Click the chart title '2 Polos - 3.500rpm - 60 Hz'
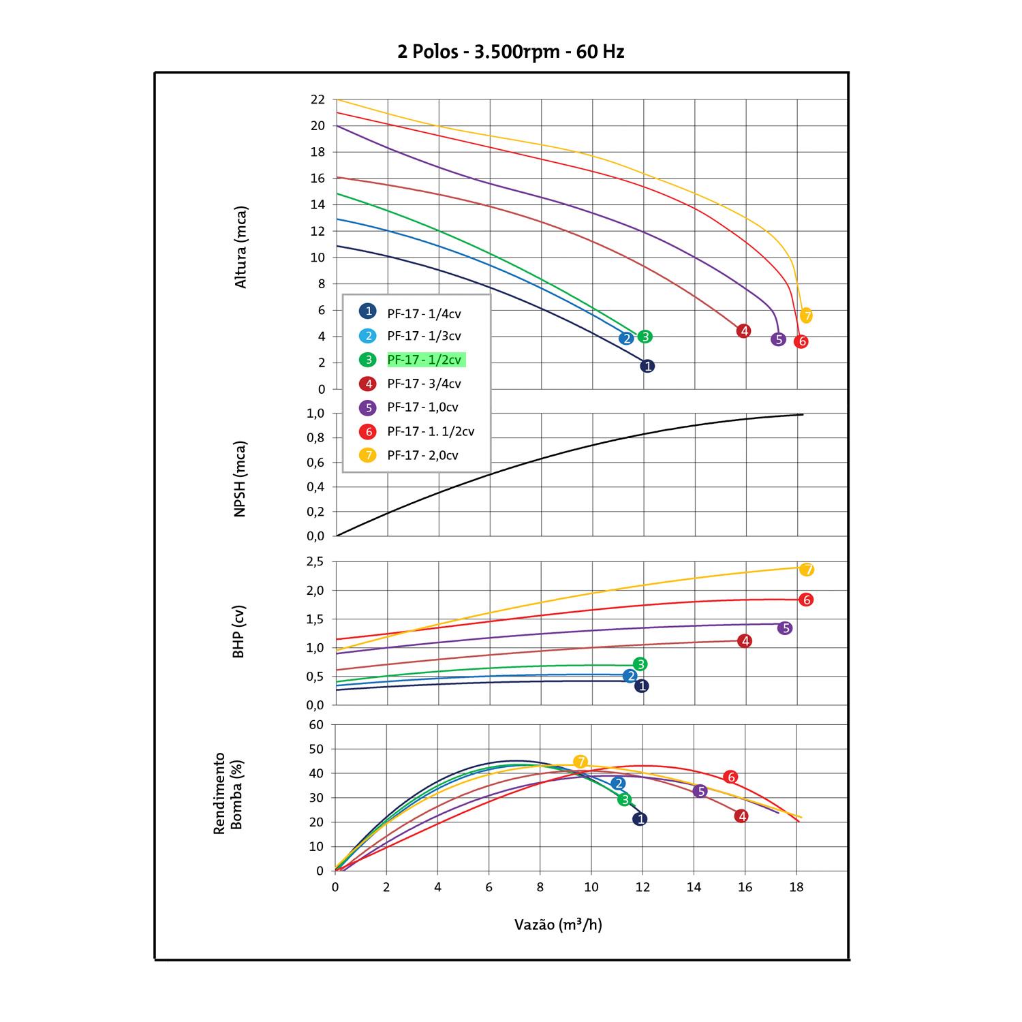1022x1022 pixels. coord(511,52)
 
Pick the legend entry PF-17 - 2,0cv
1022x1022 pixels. coord(422,455)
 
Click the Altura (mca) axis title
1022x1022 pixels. coord(241,247)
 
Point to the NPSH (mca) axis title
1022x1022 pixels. coord(240,479)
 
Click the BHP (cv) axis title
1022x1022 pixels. coord(238,632)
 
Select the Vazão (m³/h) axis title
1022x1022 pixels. coord(558,925)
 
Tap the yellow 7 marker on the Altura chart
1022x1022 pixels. coord(807,315)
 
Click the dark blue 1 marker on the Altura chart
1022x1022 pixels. coord(647,366)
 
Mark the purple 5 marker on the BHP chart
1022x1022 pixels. coord(785,628)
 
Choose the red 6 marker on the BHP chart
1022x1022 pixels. coord(807,600)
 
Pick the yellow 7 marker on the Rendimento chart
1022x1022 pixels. coord(580,762)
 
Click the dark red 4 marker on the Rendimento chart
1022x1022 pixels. coord(741,816)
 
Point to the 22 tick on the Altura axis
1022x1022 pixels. coord(318,99)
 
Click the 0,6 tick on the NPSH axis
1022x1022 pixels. coord(315,463)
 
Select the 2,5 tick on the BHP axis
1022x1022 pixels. coord(315,562)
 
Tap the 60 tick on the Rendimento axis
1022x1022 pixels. coord(317,724)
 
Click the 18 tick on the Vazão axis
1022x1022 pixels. coord(796,887)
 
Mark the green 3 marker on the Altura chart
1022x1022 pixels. coord(645,337)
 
